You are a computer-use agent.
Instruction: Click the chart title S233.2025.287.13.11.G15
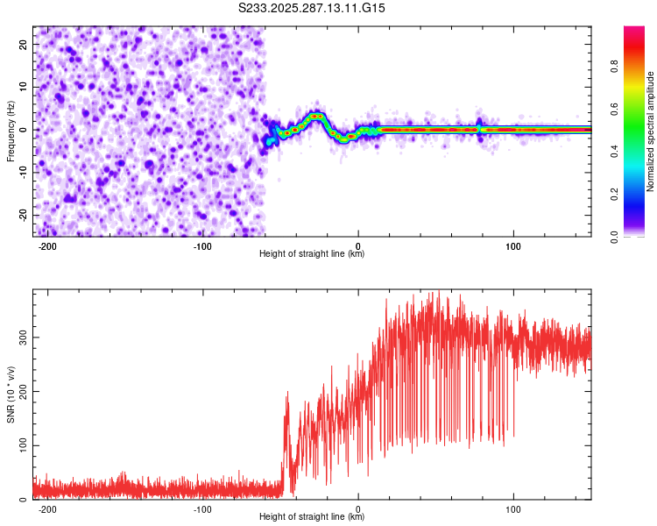pos(313,8)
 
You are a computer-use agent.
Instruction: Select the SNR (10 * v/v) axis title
pos(11,394)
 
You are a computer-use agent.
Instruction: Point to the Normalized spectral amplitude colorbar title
pos(651,131)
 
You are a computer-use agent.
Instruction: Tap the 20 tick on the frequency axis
pos(24,44)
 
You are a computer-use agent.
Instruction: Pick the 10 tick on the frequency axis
pos(24,87)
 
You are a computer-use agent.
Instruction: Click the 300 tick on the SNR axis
pos(20,337)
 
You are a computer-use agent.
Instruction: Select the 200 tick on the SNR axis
pos(20,391)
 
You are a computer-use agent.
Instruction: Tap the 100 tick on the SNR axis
pos(20,445)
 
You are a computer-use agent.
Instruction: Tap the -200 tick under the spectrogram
pos(47,245)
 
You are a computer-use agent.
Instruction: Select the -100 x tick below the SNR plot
pos(202,508)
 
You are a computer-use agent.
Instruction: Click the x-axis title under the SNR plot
pos(312,517)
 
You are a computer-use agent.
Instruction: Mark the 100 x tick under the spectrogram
pos(513,245)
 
